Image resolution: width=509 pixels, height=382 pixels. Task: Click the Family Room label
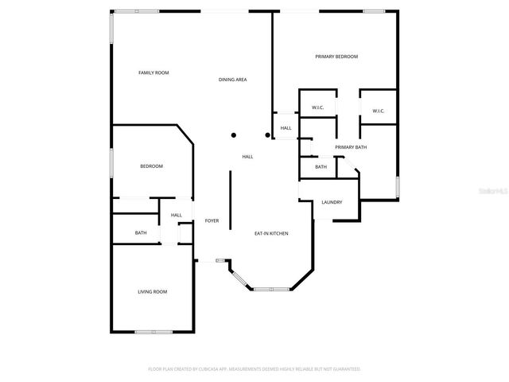pos(153,73)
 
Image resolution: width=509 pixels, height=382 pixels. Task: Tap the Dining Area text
pos(233,80)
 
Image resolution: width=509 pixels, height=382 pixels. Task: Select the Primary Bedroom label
pos(336,57)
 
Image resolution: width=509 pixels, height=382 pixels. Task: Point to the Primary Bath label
pos(351,147)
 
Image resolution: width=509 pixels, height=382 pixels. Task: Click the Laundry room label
pos(332,202)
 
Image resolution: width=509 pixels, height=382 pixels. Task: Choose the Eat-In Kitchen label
pos(270,233)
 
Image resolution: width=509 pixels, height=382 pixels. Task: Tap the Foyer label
pos(212,220)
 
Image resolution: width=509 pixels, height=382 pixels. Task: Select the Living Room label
pos(153,292)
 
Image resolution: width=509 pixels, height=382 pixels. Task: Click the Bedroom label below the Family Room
pos(151,166)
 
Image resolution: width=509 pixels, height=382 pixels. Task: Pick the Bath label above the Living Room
pos(141,233)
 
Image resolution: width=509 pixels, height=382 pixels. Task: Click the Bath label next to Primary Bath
pos(321,167)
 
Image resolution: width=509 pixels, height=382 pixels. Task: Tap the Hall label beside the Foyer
pos(177,215)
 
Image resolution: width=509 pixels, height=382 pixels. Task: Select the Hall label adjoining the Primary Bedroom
pos(286,128)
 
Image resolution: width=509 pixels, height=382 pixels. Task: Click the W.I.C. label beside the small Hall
pos(317,108)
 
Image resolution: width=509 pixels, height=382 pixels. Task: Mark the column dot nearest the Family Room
pos(233,135)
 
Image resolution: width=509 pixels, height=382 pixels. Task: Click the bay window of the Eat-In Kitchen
pos(271,288)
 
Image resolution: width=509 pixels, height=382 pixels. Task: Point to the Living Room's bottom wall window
pos(153,331)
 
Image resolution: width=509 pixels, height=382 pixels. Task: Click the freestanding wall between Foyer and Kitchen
pos(231,200)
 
